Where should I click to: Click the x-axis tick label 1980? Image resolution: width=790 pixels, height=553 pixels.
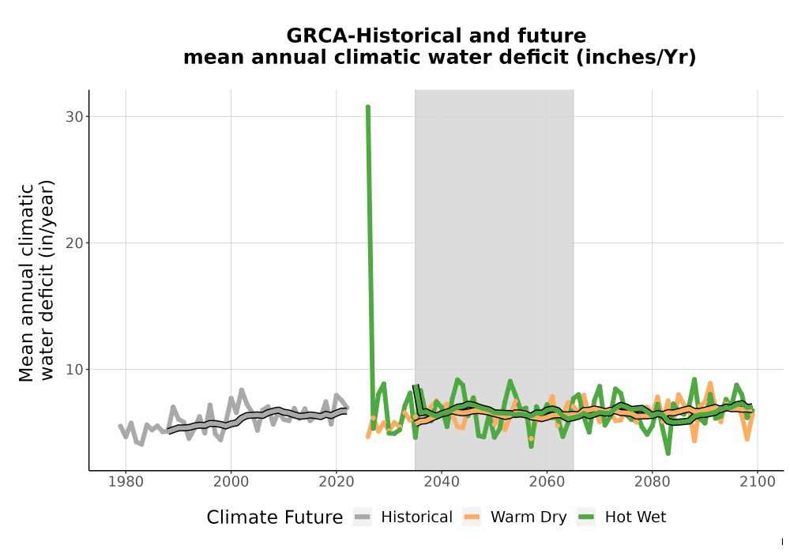tap(126, 482)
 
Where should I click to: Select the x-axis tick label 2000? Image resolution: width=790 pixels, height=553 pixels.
tap(231, 482)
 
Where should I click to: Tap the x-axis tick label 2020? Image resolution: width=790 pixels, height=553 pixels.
tap(337, 482)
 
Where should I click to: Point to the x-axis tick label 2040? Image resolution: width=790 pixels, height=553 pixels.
tap(442, 482)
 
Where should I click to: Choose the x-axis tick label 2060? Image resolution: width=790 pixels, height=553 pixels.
tap(547, 482)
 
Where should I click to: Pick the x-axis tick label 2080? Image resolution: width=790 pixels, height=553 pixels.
tap(653, 482)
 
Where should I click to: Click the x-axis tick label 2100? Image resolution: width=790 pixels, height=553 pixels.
tap(758, 482)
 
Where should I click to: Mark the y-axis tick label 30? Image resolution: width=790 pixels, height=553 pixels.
tap(74, 117)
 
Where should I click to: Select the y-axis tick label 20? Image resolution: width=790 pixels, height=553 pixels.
tap(74, 243)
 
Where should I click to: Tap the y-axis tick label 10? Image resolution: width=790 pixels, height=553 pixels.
tap(74, 370)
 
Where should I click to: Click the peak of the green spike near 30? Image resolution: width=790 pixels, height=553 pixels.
tap(368, 107)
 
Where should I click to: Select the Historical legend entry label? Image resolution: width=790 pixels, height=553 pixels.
tap(416, 517)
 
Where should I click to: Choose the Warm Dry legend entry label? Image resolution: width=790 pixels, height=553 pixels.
tap(529, 517)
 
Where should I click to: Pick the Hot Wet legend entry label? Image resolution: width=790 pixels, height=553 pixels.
tap(635, 517)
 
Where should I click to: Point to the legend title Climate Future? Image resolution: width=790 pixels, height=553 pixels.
tap(275, 517)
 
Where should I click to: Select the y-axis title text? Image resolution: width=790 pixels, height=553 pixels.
tap(36, 280)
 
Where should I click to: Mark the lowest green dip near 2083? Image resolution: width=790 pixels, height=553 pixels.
tap(668, 453)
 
